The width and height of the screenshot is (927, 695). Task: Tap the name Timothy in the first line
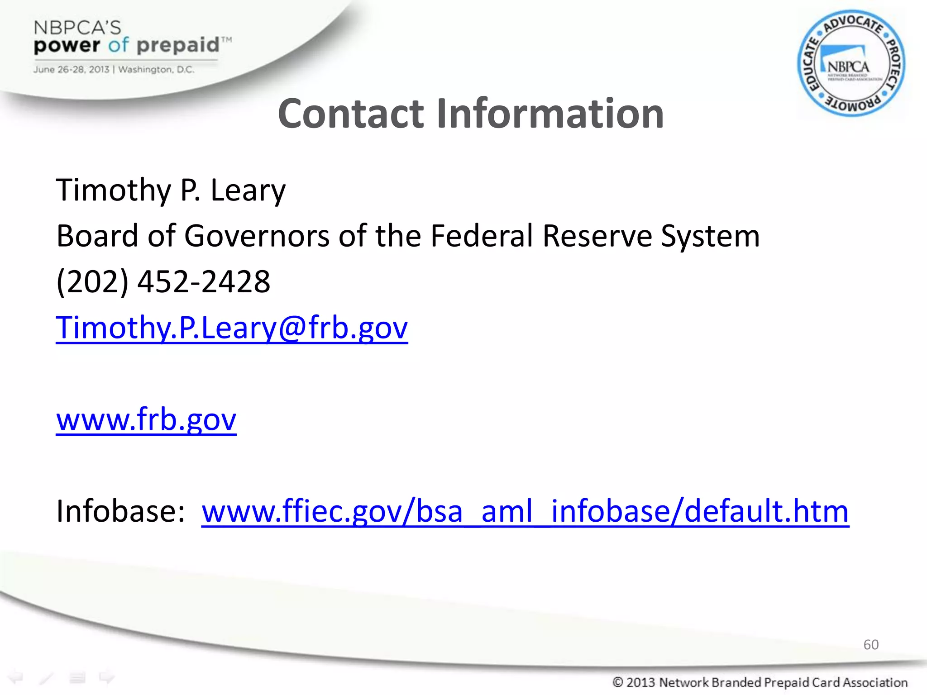tap(113, 190)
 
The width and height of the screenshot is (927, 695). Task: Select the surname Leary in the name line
tap(248, 190)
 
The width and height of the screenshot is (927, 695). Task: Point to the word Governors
tap(257, 236)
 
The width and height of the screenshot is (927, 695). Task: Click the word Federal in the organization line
tap(482, 236)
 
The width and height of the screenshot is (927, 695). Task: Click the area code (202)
tap(92, 282)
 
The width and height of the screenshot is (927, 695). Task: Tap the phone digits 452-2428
tap(204, 282)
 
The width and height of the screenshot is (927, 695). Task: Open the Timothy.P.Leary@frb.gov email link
tap(232, 328)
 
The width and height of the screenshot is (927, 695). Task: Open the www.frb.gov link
tap(146, 420)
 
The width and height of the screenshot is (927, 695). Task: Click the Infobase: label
tap(120, 511)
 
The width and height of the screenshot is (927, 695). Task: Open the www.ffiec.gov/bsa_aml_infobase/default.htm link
tap(525, 511)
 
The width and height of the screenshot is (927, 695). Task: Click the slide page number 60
tap(871, 644)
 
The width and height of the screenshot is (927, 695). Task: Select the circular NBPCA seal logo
tap(851, 63)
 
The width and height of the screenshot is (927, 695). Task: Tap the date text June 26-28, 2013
tap(71, 70)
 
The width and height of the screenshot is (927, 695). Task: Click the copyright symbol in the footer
tap(617, 682)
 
